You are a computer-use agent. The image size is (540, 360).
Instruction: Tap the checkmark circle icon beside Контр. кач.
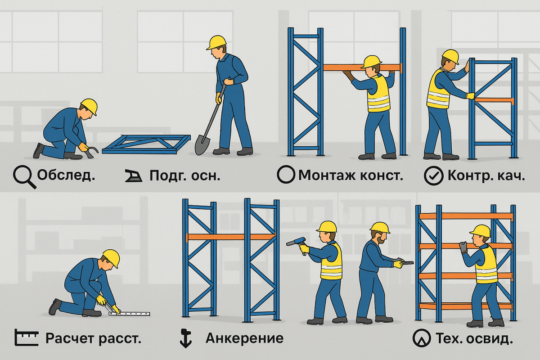433,176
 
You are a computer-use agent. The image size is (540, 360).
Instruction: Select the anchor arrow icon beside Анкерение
185,338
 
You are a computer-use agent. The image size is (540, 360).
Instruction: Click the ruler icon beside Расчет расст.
26,337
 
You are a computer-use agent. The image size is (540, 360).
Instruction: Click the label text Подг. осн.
185,176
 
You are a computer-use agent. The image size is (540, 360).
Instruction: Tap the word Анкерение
244,338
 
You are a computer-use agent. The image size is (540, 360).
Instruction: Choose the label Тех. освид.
474,338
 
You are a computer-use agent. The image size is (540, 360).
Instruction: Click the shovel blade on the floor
202,145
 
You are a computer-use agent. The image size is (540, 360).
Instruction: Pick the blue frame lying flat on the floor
146,144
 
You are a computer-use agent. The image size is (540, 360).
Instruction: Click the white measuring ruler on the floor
129,314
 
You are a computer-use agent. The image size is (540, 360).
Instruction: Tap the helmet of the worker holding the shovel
217,42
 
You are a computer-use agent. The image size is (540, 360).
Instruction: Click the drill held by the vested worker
297,244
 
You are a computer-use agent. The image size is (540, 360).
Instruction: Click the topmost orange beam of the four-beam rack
466,216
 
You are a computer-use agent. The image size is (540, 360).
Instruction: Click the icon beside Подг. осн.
134,176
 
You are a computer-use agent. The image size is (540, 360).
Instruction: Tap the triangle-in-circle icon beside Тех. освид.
421,338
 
